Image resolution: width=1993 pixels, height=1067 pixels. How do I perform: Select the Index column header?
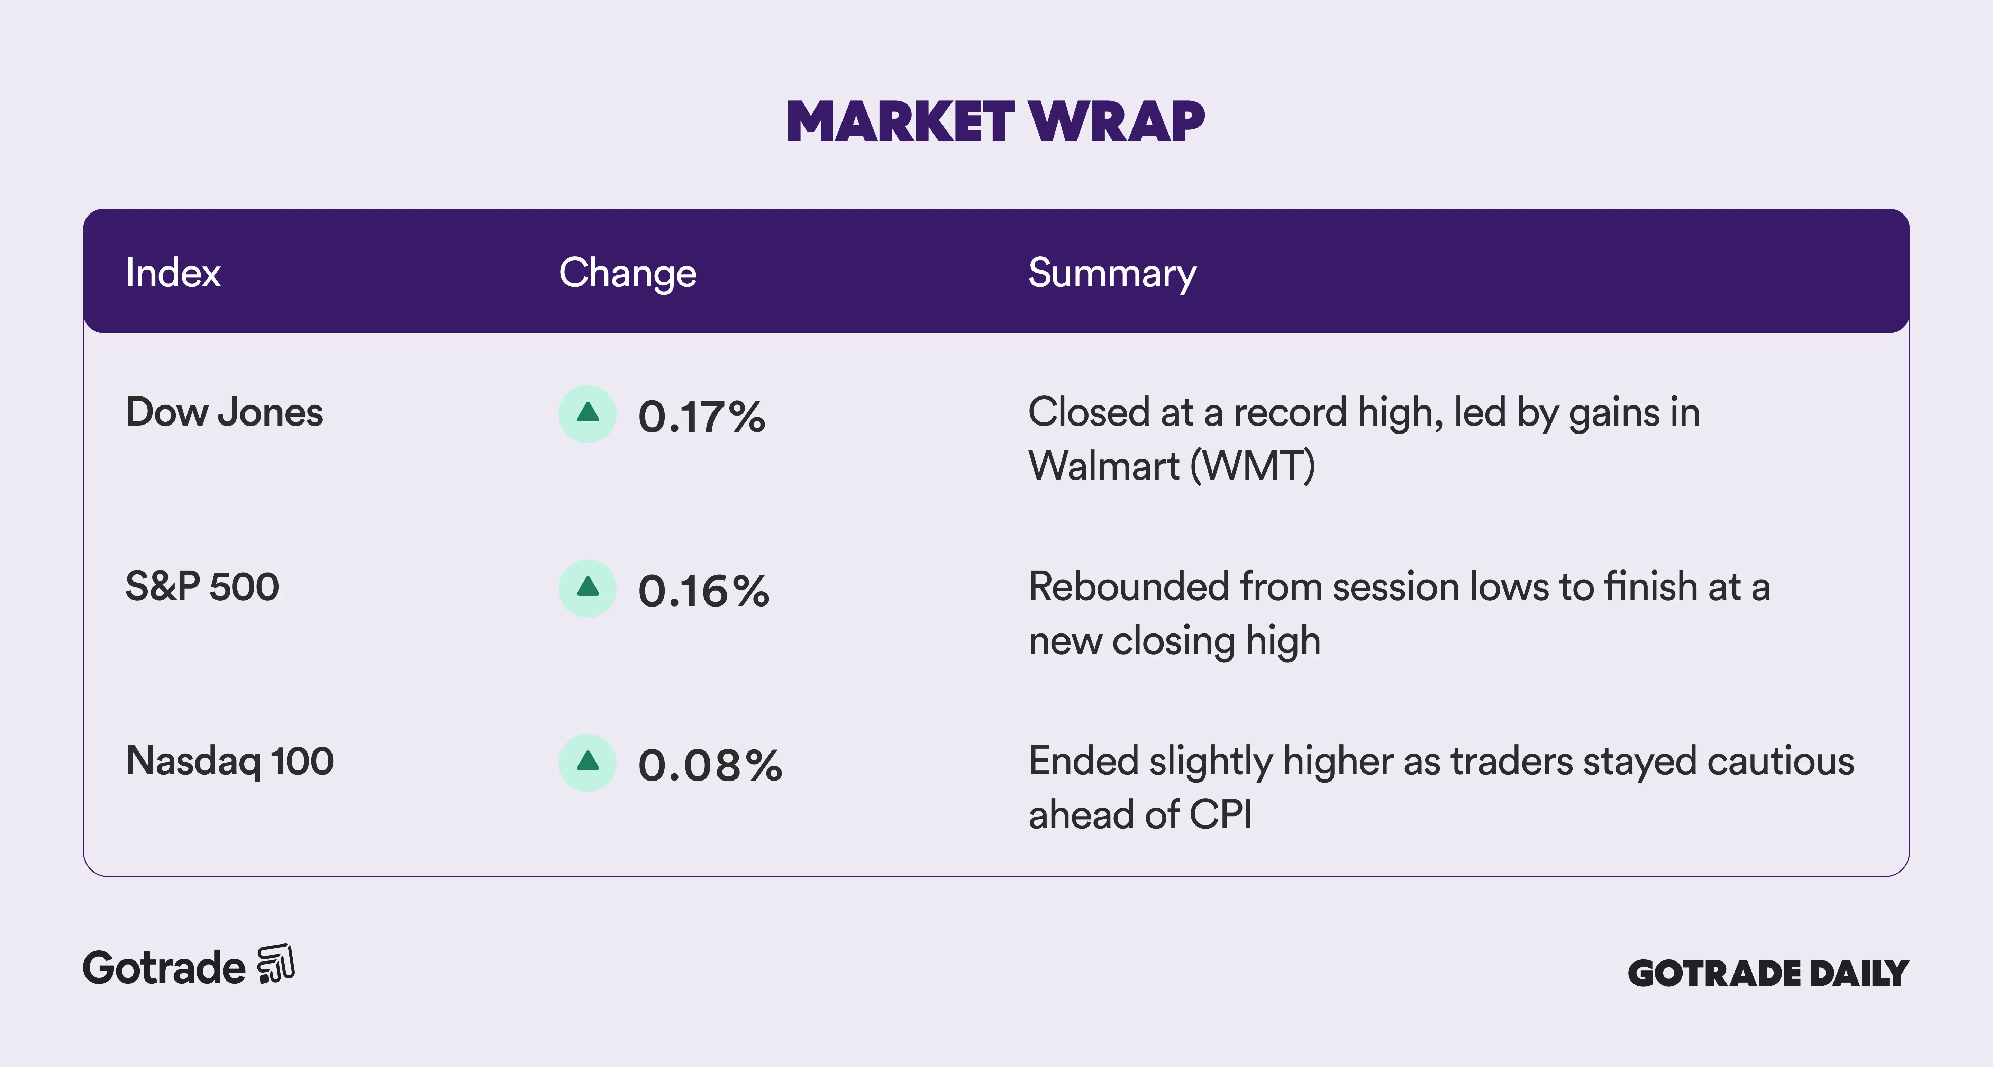click(173, 273)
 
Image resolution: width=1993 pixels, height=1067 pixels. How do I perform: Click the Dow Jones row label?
click(224, 412)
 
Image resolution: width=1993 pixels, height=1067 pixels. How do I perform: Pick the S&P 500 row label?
click(202, 586)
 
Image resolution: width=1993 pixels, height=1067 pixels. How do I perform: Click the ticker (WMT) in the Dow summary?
click(1253, 466)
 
